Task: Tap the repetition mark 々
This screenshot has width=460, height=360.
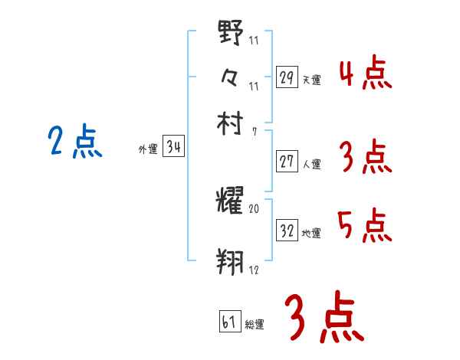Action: coord(230,78)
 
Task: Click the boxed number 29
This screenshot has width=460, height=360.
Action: coord(287,77)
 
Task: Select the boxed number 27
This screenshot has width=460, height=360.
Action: coord(287,162)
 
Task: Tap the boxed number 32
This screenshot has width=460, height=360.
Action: coord(287,231)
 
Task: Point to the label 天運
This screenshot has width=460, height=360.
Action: coord(312,80)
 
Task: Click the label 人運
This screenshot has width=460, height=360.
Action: coord(312,164)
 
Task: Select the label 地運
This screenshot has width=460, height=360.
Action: coord(312,233)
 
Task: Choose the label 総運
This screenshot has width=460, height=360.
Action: coord(255,324)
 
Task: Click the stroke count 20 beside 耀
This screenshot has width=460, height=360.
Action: coord(255,208)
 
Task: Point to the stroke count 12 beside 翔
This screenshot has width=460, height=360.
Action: coord(255,270)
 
